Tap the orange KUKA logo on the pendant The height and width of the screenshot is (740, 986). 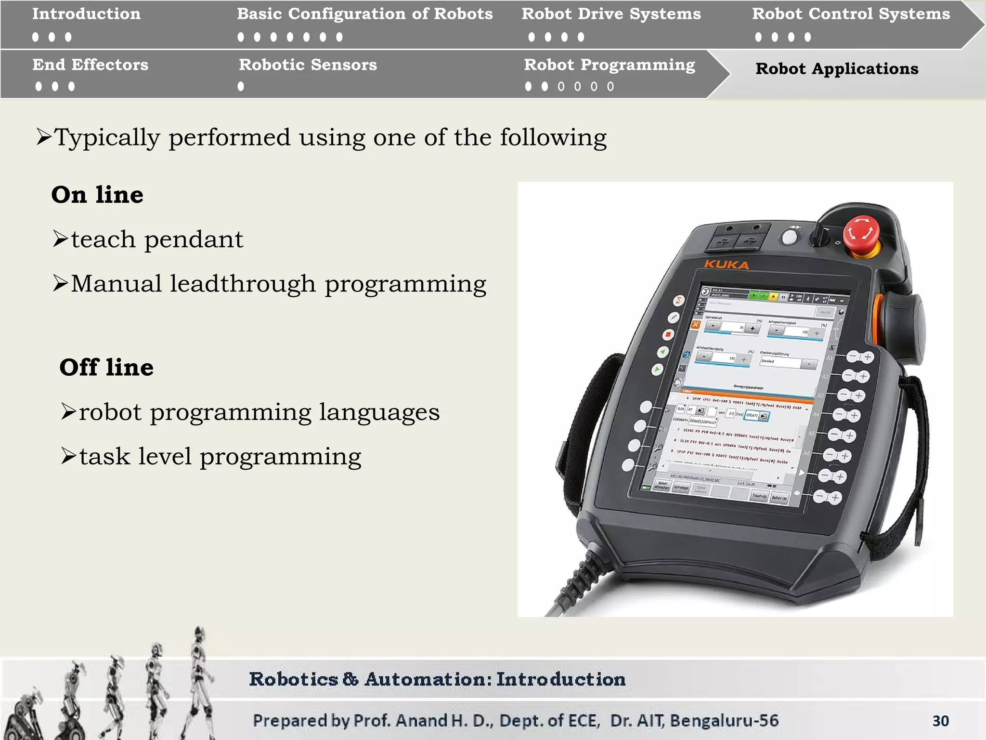click(727, 264)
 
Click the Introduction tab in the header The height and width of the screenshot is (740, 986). click(87, 14)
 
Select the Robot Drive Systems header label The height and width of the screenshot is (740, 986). click(611, 14)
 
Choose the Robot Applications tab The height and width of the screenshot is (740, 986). click(837, 69)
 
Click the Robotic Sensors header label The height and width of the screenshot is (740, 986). click(308, 65)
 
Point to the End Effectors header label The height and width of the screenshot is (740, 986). click(91, 65)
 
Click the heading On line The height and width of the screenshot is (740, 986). click(97, 195)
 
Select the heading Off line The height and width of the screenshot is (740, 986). click(106, 367)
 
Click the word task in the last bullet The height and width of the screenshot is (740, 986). click(104, 456)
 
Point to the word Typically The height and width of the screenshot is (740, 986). click(106, 138)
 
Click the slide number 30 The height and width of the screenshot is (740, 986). click(940, 721)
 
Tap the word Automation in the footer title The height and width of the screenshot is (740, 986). click(426, 679)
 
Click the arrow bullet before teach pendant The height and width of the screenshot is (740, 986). click(61, 239)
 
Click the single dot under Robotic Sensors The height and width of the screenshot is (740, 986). click(241, 87)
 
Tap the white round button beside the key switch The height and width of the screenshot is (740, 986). click(789, 237)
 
